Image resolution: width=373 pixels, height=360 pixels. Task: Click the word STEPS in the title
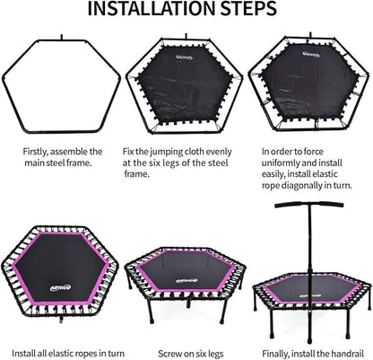[248, 9]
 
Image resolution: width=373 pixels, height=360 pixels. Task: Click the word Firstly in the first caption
[35, 152]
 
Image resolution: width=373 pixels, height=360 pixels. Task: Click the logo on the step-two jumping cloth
[184, 57]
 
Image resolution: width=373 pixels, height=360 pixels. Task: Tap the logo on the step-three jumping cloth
[310, 55]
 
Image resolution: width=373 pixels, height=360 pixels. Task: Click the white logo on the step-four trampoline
[60, 288]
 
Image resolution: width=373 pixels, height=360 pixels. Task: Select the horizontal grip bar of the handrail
[309, 206]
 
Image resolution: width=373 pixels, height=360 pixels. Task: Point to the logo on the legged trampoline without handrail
[186, 281]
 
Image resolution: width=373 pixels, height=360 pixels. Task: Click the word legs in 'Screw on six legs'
[214, 354]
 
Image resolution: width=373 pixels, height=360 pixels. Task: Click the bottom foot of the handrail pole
[309, 340]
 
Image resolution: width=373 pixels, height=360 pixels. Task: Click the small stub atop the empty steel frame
[62, 37]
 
